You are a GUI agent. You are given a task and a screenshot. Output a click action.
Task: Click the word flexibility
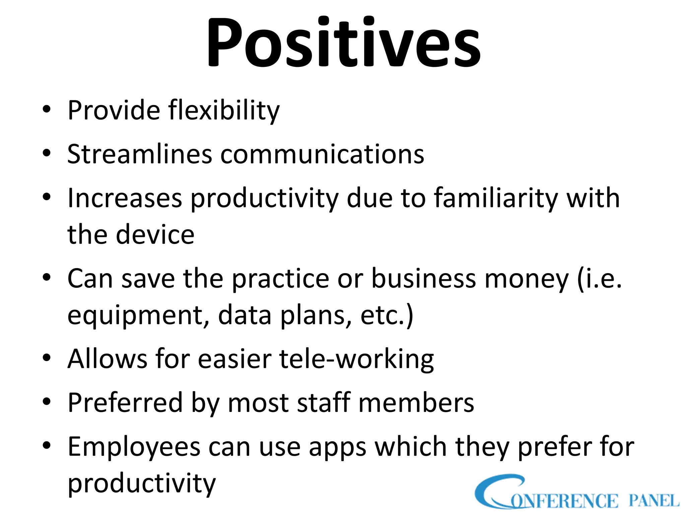[x=224, y=110]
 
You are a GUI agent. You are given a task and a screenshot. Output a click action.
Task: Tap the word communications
[x=322, y=154]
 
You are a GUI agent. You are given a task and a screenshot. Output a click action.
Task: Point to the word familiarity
[x=496, y=198]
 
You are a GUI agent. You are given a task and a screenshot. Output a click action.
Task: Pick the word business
[x=424, y=278]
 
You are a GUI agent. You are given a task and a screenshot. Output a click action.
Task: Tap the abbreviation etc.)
[x=387, y=315]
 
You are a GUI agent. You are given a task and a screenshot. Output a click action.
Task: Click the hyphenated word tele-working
[x=356, y=359]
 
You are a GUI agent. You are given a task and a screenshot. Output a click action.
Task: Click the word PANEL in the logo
[x=654, y=501]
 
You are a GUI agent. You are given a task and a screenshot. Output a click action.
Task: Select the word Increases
[x=125, y=198]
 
